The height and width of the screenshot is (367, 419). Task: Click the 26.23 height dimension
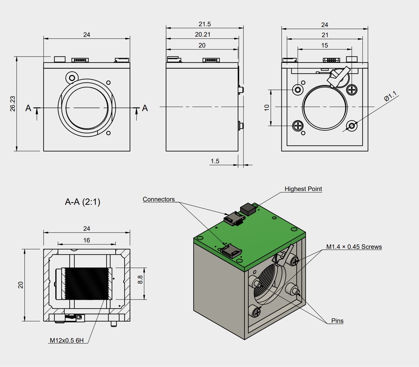pos(12,104)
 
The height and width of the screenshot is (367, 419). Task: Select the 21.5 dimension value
pos(205,24)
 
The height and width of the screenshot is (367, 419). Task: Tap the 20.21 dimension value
pos(202,35)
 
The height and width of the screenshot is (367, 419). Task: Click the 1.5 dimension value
pos(215,161)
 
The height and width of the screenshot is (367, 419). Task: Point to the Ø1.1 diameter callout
pos(390,96)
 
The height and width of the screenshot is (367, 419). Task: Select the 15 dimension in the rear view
pos(325,45)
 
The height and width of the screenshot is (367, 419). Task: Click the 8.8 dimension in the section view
pos(140,280)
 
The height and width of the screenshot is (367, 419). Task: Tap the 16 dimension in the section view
pos(86,240)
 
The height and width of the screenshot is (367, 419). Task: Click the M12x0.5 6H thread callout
pos(67,341)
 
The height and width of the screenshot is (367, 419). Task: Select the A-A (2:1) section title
pos(83,202)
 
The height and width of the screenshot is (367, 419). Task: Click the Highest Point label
pos(303,189)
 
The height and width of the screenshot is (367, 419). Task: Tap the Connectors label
pos(159,199)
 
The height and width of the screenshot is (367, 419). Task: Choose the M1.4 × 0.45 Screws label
pos(354,247)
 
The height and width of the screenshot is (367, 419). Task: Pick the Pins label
pos(337,321)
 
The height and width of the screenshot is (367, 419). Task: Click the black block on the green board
pos(248,209)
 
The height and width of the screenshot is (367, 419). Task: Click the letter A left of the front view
pos(28,108)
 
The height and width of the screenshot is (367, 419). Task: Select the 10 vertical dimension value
pos(267,108)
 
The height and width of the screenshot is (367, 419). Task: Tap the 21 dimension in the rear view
pos(325,35)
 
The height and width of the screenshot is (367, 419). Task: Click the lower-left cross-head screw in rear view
pos(298,126)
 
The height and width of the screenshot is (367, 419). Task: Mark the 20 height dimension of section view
pos(21,285)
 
